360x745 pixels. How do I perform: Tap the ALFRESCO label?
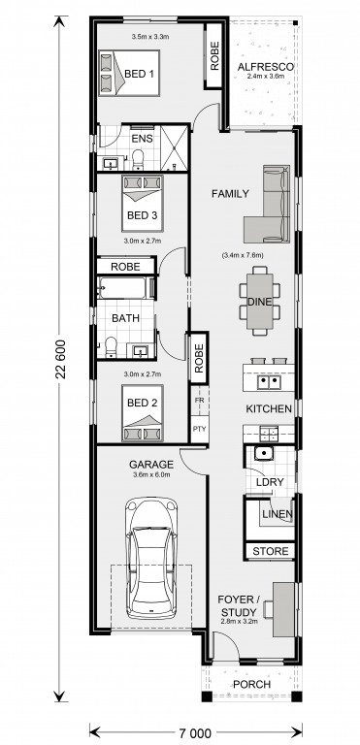265,67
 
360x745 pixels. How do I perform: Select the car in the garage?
150,559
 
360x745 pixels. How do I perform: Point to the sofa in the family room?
267,205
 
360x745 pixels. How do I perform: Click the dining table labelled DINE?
260,301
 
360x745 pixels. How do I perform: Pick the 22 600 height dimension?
60,360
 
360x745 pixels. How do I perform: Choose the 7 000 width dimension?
196,733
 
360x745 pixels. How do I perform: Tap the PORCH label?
251,685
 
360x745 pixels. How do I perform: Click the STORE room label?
270,551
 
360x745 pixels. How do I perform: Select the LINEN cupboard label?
278,514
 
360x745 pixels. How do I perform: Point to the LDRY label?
270,482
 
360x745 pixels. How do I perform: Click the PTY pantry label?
199,428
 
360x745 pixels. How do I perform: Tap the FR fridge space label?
199,400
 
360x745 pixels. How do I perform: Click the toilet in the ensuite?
138,160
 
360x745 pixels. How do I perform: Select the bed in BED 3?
143,204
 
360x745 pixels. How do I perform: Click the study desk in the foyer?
282,609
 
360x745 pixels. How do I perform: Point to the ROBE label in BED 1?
214,56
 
